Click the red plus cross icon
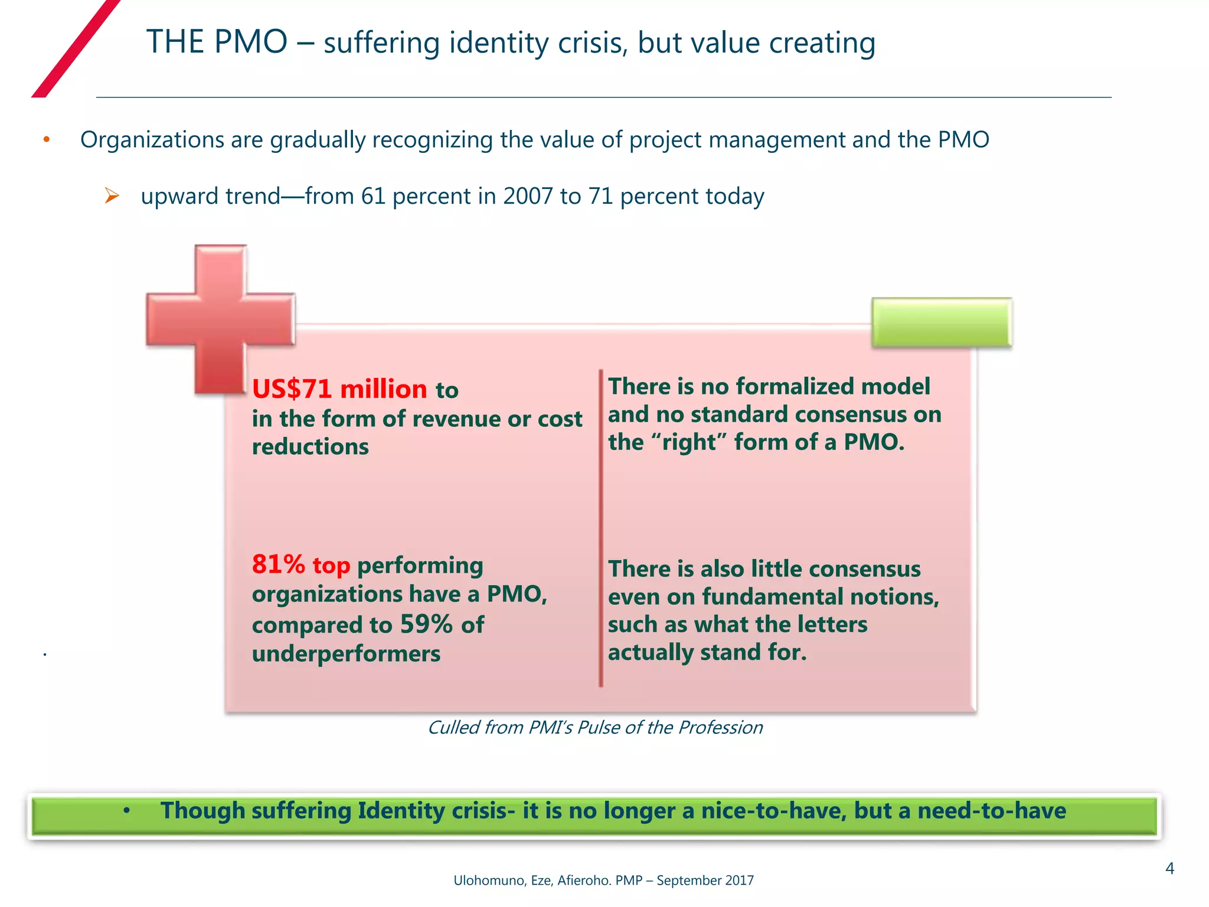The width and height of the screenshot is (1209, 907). pyautogui.click(x=220, y=319)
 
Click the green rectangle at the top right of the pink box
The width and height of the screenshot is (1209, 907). pyautogui.click(x=942, y=322)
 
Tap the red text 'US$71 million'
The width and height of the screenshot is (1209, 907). pyautogui.click(x=339, y=390)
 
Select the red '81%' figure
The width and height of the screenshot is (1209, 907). pyautogui.click(x=278, y=565)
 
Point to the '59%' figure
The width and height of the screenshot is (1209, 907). pyautogui.click(x=426, y=624)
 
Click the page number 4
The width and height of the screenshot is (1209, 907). pyautogui.click(x=1169, y=869)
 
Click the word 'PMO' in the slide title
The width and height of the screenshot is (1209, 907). pyautogui.click(x=250, y=43)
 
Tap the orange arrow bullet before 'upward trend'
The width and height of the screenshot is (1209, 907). pyautogui.click(x=112, y=195)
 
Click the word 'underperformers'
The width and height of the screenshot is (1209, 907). pyautogui.click(x=346, y=654)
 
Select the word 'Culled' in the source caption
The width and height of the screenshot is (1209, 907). pyautogui.click(x=453, y=727)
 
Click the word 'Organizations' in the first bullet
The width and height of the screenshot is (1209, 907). pyautogui.click(x=152, y=140)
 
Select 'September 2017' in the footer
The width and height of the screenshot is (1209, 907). pyautogui.click(x=705, y=880)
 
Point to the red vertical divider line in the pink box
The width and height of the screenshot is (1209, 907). pyautogui.click(x=600, y=528)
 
